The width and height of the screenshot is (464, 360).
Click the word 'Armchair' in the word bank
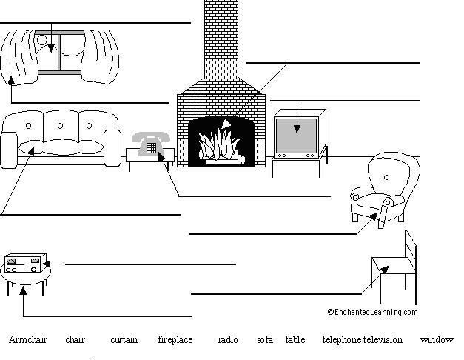point(27,340)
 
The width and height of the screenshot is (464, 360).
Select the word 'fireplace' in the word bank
point(175,340)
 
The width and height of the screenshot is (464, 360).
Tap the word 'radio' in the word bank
point(228,340)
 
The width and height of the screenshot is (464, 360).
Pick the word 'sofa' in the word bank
point(265,340)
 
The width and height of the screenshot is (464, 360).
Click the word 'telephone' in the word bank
point(342,340)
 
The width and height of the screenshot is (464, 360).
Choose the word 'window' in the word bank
point(436,340)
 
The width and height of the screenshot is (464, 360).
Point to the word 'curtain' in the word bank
point(124,340)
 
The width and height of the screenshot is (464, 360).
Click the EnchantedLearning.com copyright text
point(372,313)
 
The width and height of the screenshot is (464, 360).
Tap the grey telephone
point(151,141)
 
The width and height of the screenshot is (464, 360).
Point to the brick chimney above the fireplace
point(221,44)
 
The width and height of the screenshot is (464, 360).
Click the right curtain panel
point(103,55)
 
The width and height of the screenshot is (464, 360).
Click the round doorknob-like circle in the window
point(42,40)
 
